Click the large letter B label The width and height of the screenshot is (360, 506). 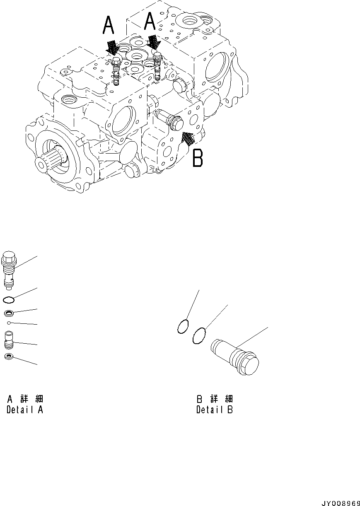tap(198, 158)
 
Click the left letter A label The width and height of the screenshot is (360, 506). tap(109, 26)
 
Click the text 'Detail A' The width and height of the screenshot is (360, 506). tap(25, 410)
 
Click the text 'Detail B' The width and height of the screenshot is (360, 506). tap(215, 410)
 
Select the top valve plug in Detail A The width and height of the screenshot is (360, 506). tap(10, 267)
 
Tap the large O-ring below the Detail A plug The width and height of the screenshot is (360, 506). tap(9, 300)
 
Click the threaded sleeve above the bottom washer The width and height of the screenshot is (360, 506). tap(9, 340)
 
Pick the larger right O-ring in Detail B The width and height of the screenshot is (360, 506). tap(200, 335)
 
